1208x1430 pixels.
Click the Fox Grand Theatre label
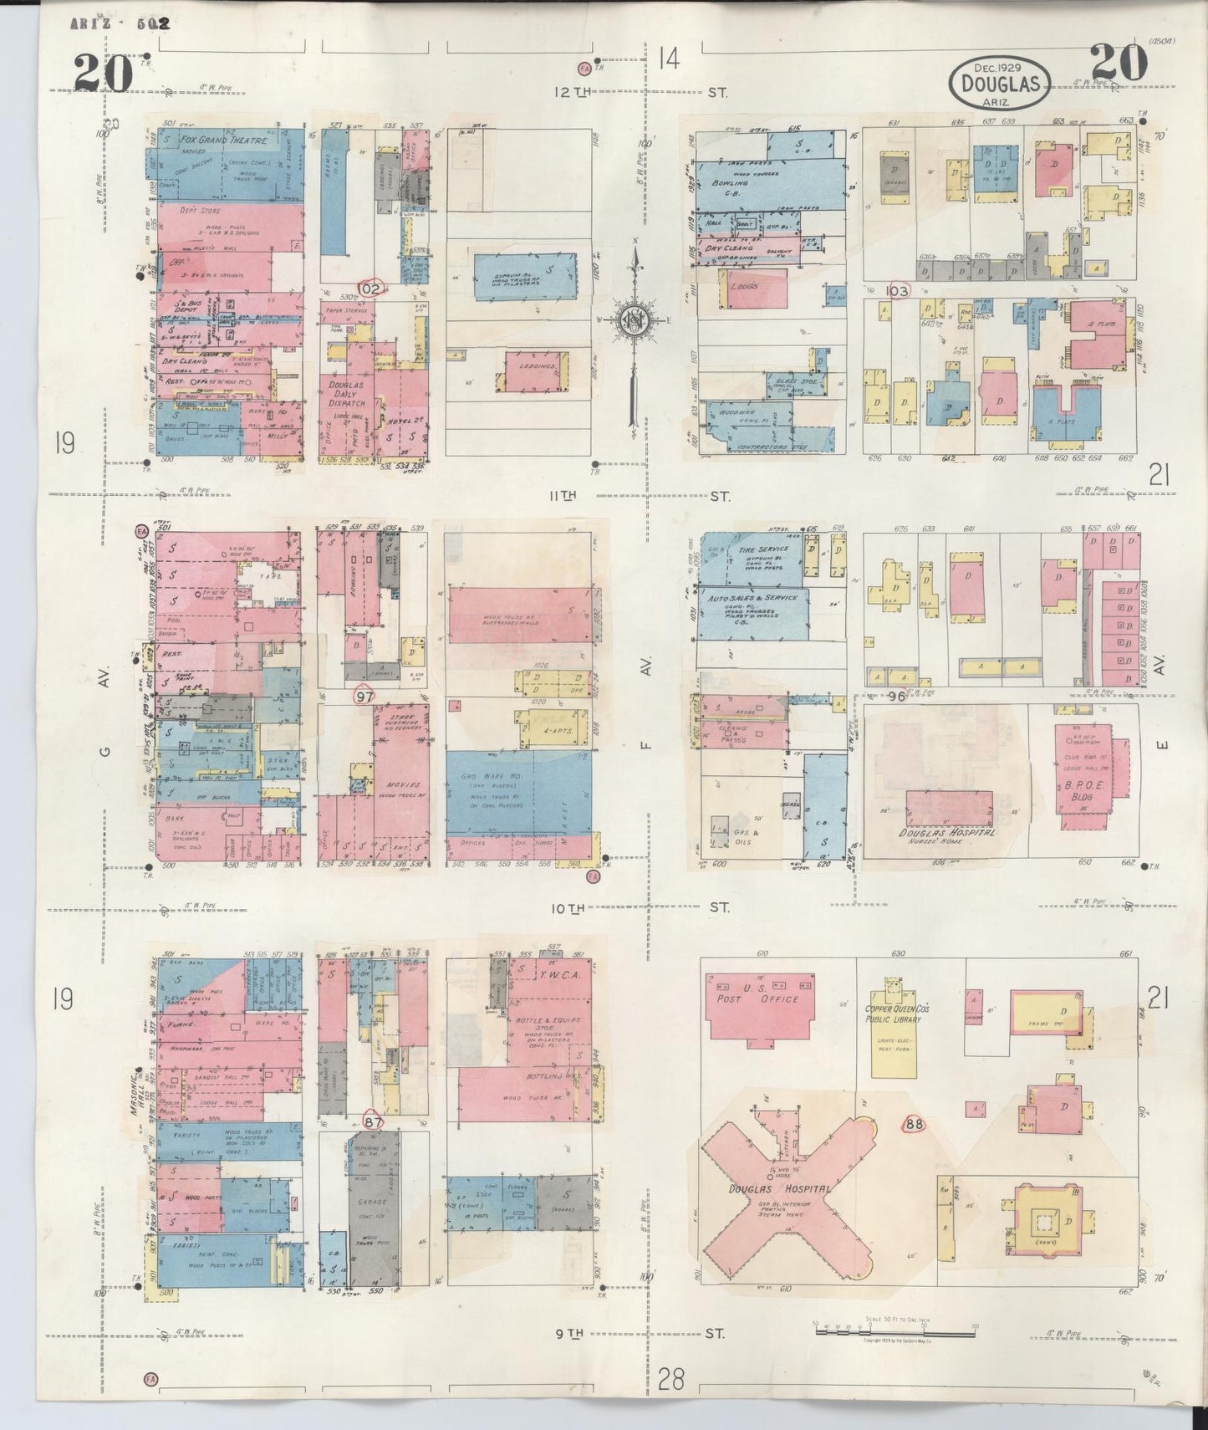tap(222, 141)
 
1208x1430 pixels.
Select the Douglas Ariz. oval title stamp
tap(1000, 83)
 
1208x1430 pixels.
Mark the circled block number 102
tap(370, 289)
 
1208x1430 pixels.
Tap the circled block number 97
tap(364, 696)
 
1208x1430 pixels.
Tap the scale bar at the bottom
tap(894, 1325)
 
